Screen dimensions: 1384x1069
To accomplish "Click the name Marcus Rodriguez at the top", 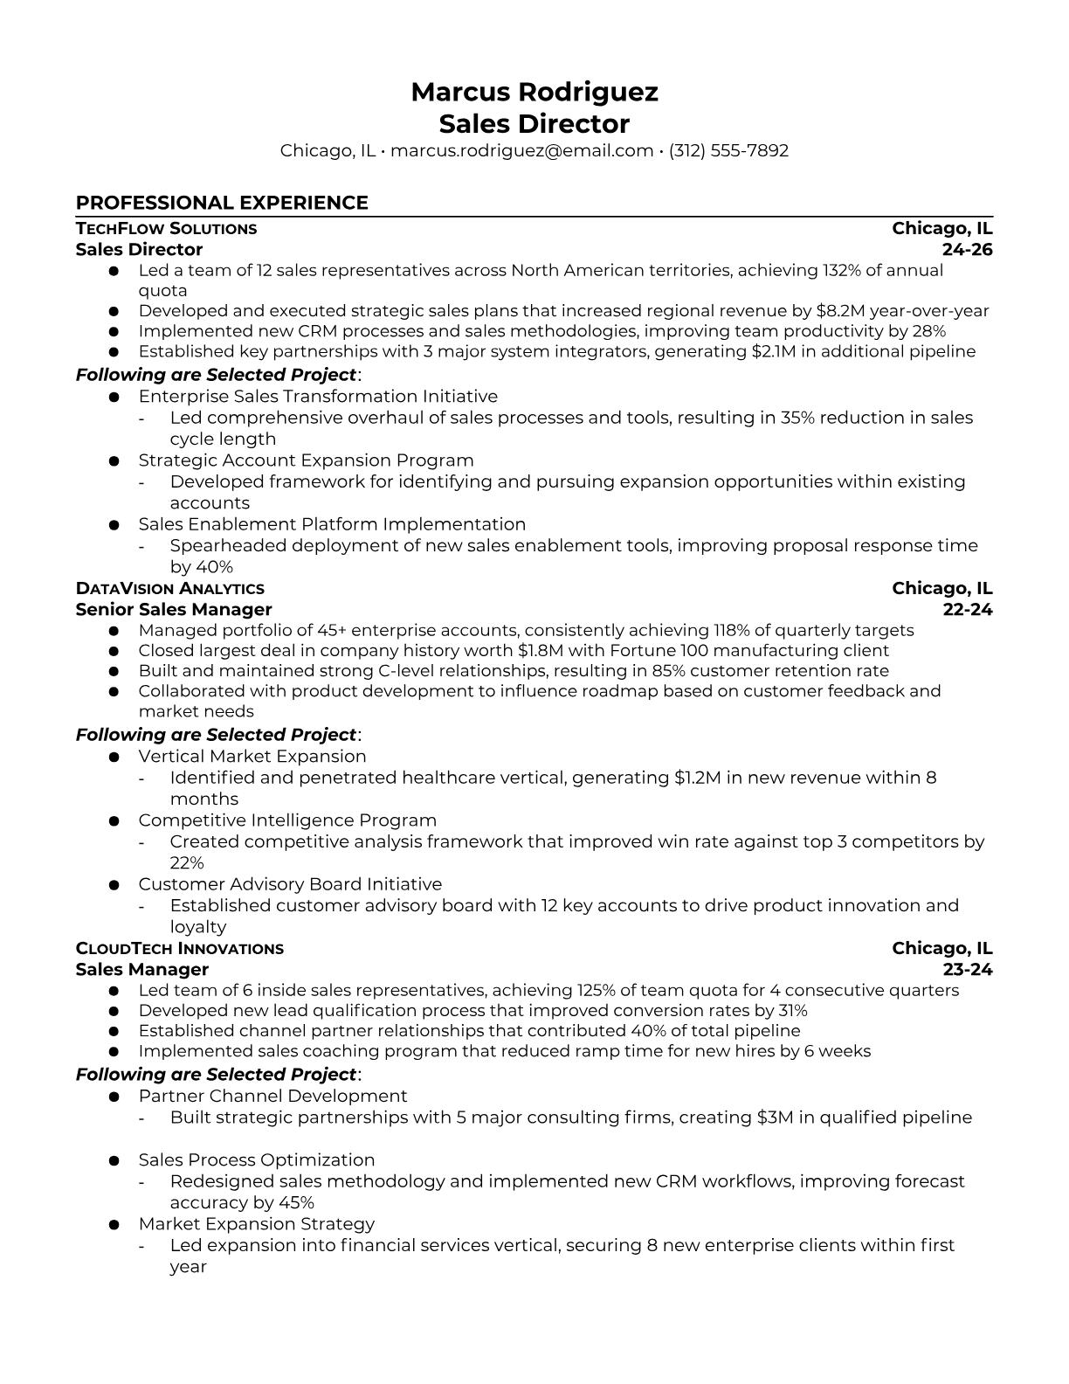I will (534, 92).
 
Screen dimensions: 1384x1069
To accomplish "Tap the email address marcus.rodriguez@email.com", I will (521, 150).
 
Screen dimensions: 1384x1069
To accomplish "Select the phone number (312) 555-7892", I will (728, 150).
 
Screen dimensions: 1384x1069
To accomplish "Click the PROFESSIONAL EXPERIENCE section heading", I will (222, 203).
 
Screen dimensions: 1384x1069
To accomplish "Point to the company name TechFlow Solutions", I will (166, 229).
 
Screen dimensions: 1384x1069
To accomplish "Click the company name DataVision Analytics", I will (169, 589).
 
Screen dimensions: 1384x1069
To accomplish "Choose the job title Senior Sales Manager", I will (174, 609).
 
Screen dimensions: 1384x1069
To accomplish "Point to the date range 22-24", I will (968, 609).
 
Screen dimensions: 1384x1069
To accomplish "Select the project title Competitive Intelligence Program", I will (287, 820).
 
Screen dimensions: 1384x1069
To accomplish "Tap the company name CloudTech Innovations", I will (179, 949).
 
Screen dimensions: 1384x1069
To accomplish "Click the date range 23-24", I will (968, 969).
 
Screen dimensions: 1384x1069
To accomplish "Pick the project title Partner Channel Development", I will (272, 1096).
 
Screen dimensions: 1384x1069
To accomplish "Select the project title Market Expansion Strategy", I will (256, 1223).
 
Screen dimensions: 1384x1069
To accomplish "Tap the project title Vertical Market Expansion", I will (252, 757).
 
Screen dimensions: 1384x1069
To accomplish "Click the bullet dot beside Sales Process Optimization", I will (114, 1160).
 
